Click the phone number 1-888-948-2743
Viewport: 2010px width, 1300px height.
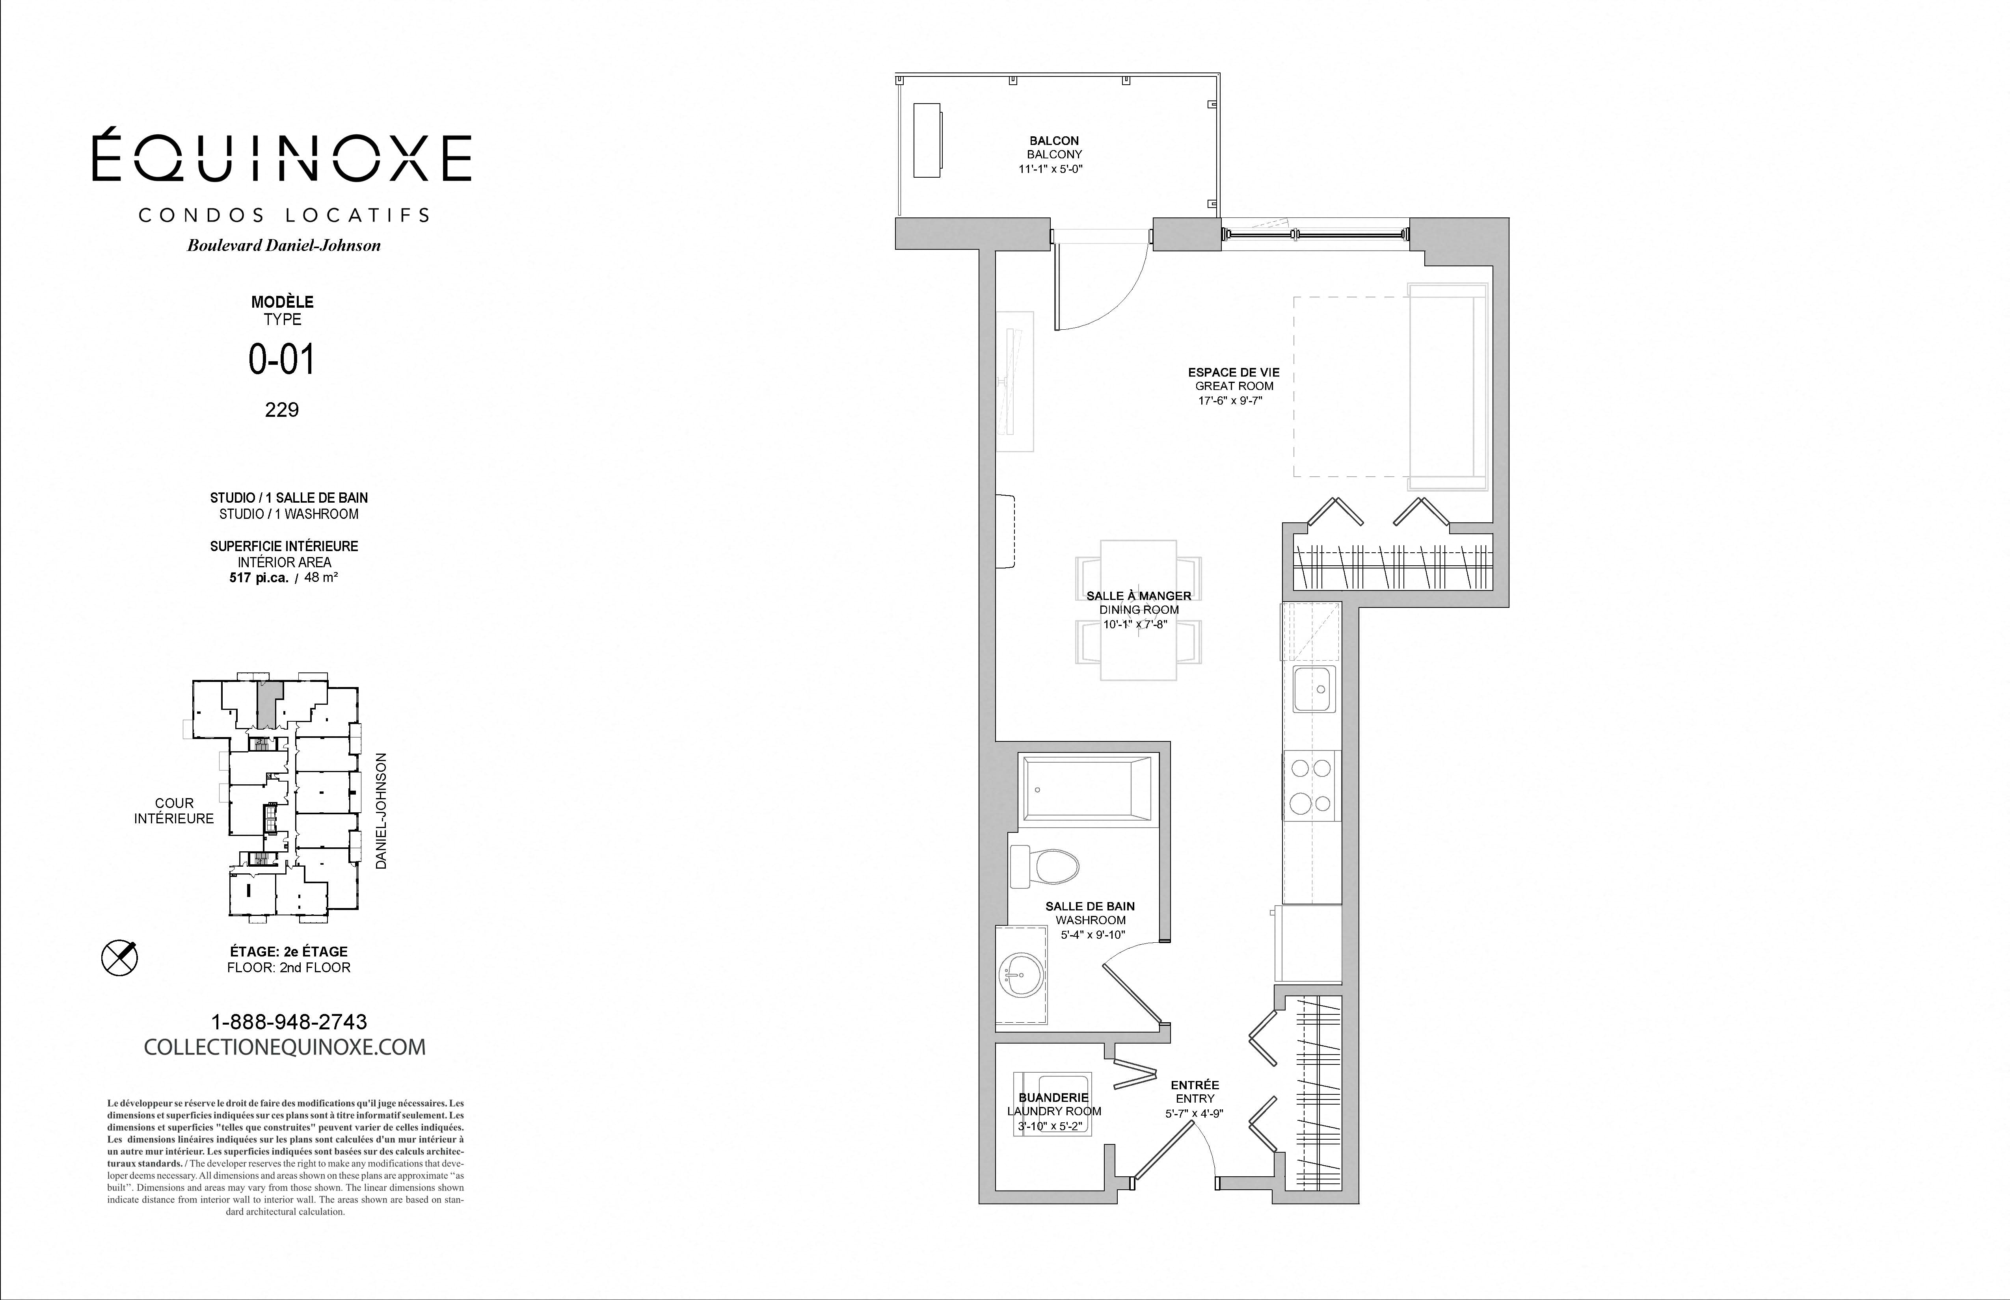(x=289, y=1021)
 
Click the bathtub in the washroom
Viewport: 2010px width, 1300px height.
(x=1087, y=787)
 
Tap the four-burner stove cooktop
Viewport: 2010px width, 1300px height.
(x=1312, y=785)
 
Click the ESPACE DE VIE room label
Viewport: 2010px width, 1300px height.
(x=1234, y=372)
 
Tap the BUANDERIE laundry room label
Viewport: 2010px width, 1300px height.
(x=1054, y=1098)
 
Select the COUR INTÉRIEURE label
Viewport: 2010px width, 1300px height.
(x=174, y=810)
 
